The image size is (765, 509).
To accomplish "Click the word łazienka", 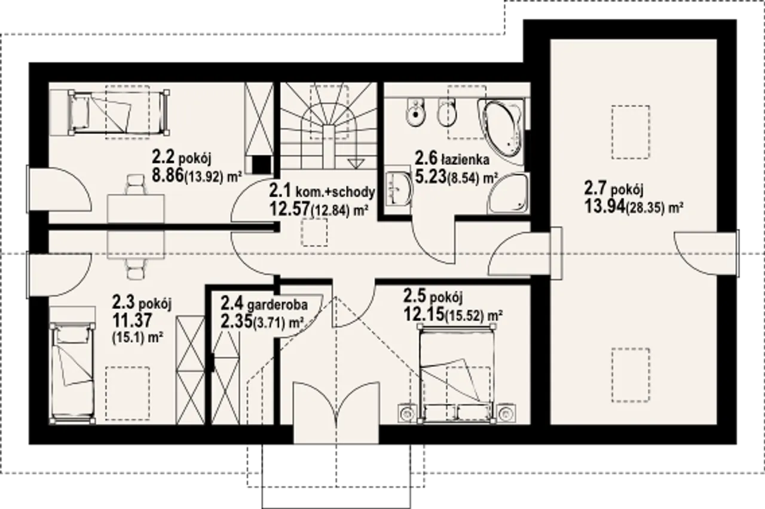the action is point(465,160).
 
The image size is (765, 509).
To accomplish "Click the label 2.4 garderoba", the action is point(264,303).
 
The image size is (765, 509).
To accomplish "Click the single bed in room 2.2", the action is point(118,112).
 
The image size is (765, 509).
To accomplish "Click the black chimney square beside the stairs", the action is point(262,165).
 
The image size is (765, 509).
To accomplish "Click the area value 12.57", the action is point(290,208).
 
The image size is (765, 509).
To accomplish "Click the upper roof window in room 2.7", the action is point(631,132).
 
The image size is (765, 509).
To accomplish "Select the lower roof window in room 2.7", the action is point(631,375).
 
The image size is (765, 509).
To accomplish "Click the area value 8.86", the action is point(168,176).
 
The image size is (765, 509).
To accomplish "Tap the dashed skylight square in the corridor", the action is point(314,232).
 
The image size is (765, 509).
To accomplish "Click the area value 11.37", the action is point(132,321).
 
